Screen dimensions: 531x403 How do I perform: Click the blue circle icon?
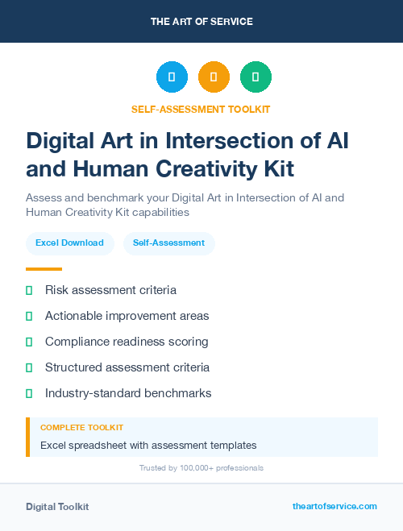click(172, 77)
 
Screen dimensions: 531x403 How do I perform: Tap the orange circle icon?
click(214, 77)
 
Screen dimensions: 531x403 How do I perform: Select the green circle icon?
click(256, 77)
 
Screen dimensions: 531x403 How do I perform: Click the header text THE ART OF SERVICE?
click(201, 22)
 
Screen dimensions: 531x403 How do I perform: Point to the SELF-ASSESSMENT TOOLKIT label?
click(201, 109)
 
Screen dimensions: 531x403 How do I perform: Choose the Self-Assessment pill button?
click(168, 243)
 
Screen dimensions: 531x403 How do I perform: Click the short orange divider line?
click(44, 269)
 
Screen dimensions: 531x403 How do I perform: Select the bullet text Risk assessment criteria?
click(110, 290)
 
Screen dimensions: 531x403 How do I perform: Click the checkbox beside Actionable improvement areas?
click(29, 316)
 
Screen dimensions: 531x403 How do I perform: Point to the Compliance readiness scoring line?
click(127, 342)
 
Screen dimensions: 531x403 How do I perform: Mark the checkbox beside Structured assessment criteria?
click(29, 367)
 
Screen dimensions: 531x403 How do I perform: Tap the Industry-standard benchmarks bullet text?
click(128, 393)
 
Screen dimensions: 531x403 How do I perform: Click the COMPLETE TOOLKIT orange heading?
click(81, 428)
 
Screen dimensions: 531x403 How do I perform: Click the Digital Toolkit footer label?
click(57, 507)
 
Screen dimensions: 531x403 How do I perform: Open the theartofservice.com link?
click(334, 506)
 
